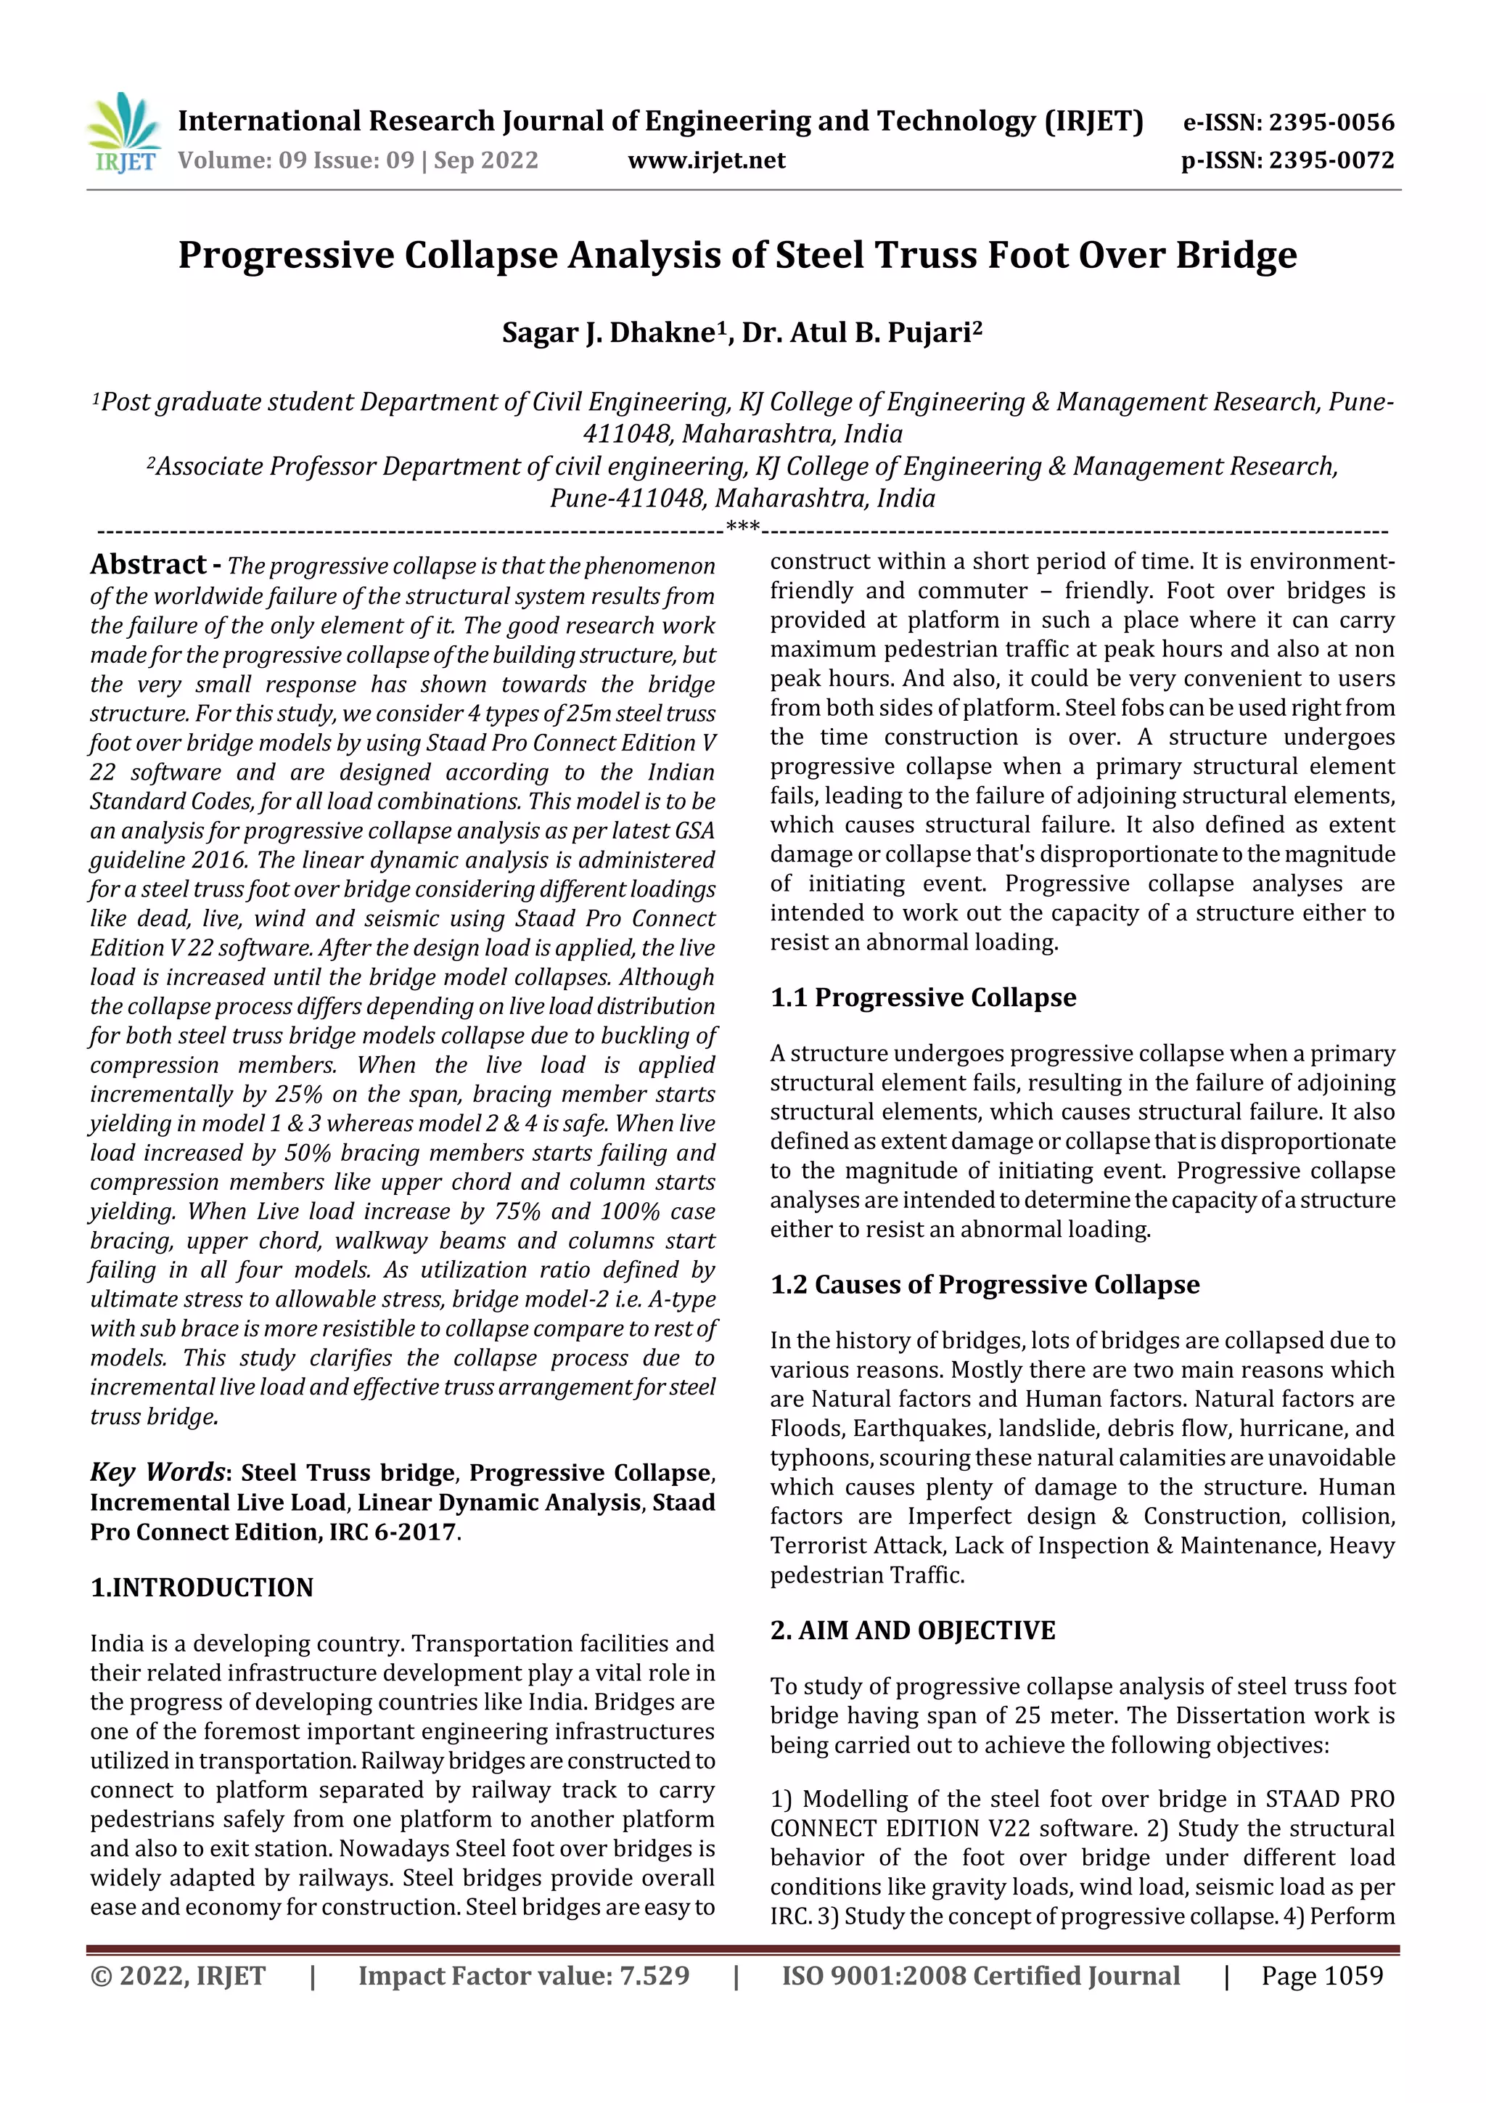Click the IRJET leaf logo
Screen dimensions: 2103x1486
coord(123,134)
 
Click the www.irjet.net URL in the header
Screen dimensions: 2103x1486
coord(706,160)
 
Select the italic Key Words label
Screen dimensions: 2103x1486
coord(157,1472)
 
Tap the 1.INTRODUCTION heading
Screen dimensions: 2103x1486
coord(202,1588)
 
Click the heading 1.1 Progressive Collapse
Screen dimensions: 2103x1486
coord(922,997)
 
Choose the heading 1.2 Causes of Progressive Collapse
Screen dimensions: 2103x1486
coord(985,1285)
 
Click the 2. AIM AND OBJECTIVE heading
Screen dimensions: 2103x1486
coord(912,1630)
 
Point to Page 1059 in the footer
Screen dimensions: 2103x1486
coord(1321,1976)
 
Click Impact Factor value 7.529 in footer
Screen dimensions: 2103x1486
coord(523,1976)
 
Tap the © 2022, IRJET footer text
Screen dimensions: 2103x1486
coord(178,1976)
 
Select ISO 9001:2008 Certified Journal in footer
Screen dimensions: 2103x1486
coord(980,1976)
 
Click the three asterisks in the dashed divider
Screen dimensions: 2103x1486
coord(742,527)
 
